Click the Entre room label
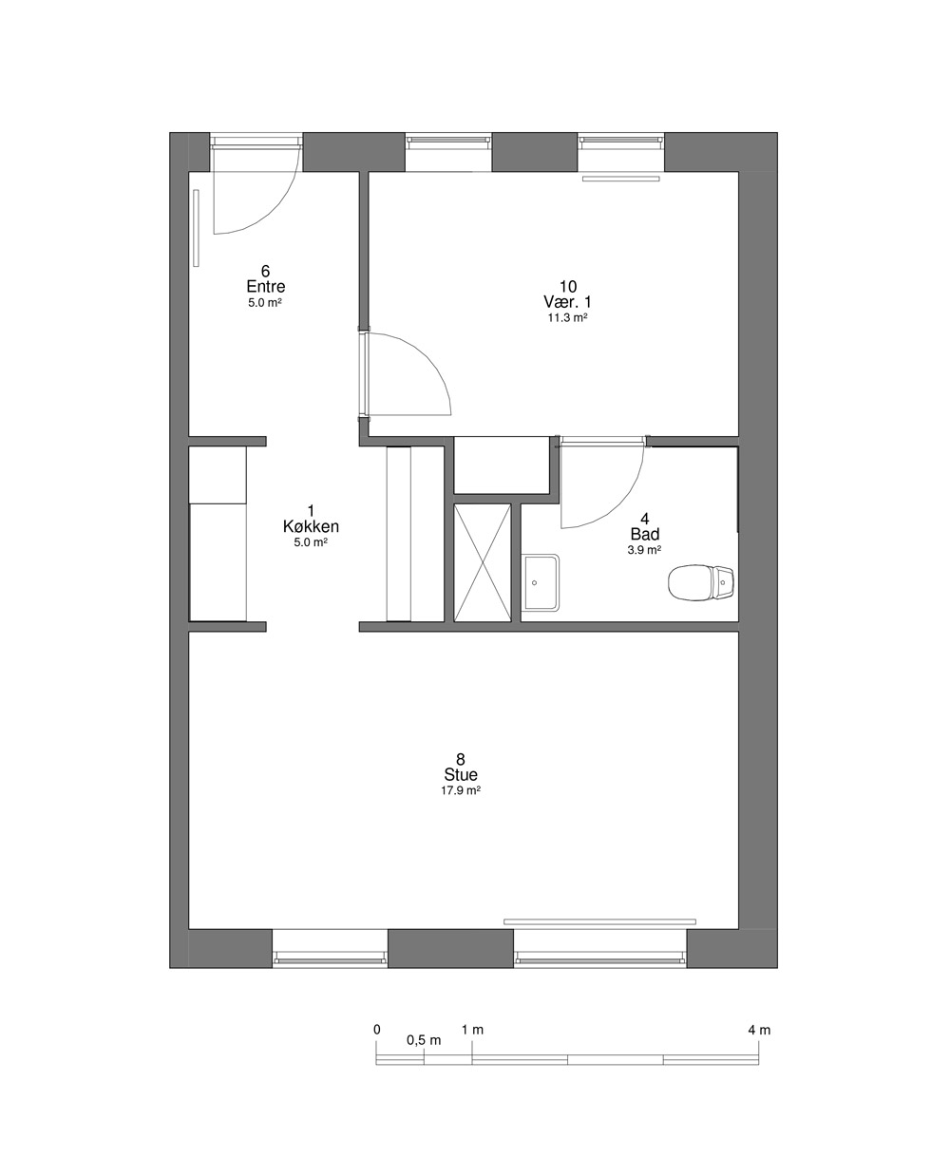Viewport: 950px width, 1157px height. pos(266,286)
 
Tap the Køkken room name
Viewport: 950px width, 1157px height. pos(311,526)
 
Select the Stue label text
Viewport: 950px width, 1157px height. pos(461,774)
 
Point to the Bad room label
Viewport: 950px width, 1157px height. pos(645,534)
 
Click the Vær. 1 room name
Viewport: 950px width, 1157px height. pos(568,302)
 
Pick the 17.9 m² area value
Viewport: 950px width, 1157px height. pos(461,790)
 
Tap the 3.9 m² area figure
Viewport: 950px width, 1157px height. pos(644,550)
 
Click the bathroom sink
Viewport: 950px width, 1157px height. pos(541,582)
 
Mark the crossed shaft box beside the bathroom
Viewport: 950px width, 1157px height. pos(483,563)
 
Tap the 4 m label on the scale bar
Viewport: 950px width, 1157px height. pos(759,1031)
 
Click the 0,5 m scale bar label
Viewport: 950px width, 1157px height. pos(424,1040)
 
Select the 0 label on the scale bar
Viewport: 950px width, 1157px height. pos(376,1030)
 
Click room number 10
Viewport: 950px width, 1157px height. pos(568,286)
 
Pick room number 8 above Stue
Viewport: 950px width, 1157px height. pos(461,759)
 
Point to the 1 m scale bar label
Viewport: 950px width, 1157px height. pos(472,1030)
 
